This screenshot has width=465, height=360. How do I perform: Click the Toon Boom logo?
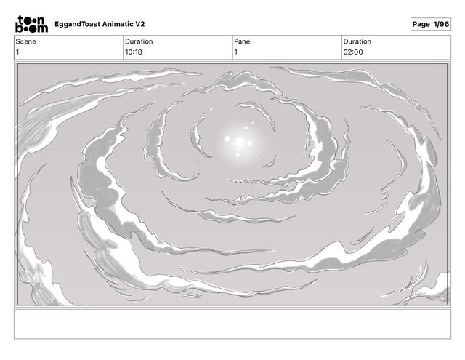tap(31, 24)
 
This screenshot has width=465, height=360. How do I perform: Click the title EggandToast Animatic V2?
tap(100, 24)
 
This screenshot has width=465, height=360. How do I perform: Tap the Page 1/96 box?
tap(431, 24)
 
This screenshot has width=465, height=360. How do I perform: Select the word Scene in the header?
tap(26, 41)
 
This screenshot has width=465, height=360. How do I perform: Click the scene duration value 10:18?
tap(134, 52)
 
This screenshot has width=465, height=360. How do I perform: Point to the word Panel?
tap(243, 41)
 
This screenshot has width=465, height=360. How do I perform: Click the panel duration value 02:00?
tap(353, 52)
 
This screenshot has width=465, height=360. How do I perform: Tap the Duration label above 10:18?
tap(139, 41)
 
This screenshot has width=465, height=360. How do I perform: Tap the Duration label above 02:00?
tap(357, 41)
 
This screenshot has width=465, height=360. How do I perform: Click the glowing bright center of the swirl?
tap(240, 143)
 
